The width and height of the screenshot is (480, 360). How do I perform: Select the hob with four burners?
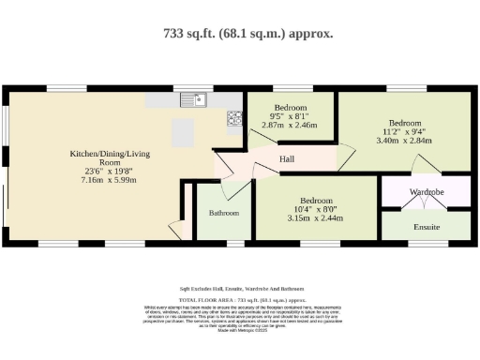coord(233,118)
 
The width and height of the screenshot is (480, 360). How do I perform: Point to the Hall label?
coord(288,159)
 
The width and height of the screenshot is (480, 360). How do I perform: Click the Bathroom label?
coord(224,213)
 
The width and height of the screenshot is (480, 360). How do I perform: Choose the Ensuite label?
coord(427,227)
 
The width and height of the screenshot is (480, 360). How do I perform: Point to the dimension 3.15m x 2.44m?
coord(313,218)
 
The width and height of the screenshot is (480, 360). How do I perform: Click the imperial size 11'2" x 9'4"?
coord(404,132)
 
